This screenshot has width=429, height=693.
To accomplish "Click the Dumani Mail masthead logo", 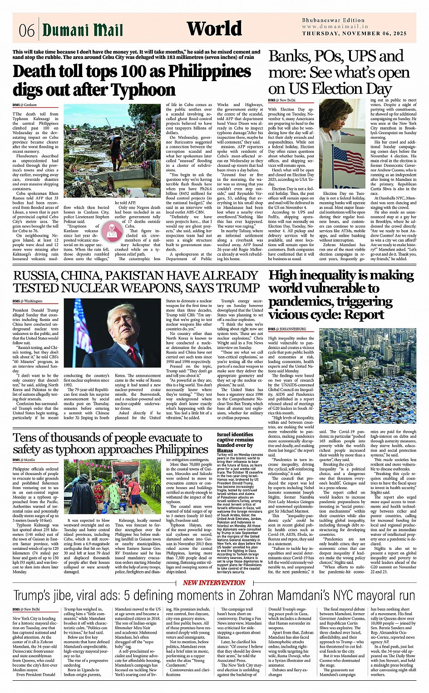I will point(83,30).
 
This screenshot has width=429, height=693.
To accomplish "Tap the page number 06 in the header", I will point(26,31).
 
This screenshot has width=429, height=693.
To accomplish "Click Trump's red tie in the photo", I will point(134,354).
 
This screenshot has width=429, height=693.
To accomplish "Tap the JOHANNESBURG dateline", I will point(290,329).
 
